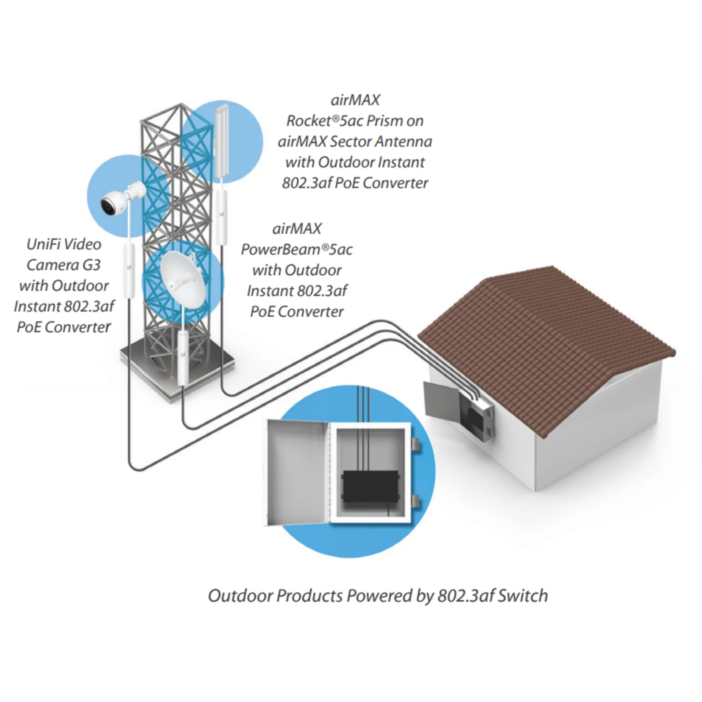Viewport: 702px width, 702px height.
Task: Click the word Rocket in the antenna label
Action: pos(309,121)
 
